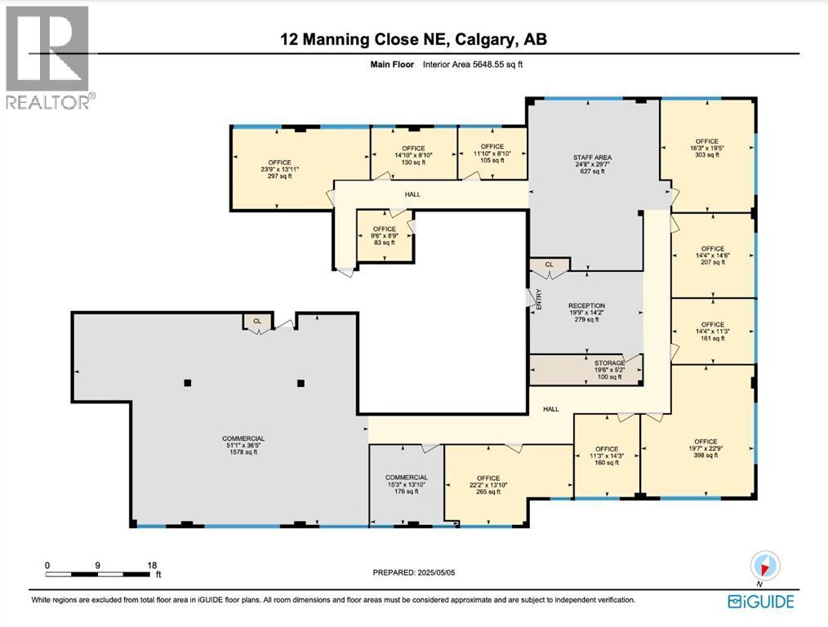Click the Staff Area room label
point(592,158)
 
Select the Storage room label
point(609,363)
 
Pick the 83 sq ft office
point(384,236)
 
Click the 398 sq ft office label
point(706,448)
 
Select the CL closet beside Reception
point(549,265)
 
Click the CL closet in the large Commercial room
point(256,322)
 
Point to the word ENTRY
point(539,300)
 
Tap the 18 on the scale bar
point(151,565)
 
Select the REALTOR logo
point(48,58)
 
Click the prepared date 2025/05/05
point(437,572)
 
